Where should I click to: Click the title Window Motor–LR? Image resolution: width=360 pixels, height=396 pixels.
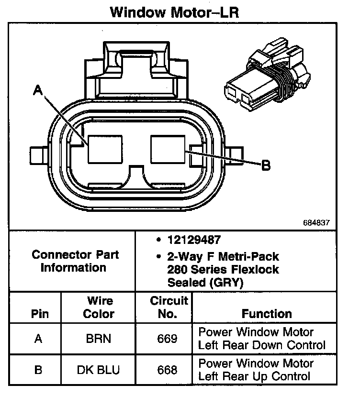(x=174, y=12)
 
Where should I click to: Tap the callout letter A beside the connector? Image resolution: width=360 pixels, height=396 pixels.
(x=38, y=90)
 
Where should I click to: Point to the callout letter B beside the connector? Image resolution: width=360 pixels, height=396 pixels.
(x=266, y=165)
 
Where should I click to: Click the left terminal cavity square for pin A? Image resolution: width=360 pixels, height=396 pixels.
(x=105, y=149)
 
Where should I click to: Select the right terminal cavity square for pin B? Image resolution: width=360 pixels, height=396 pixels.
(x=168, y=149)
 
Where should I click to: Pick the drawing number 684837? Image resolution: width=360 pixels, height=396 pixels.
(x=316, y=222)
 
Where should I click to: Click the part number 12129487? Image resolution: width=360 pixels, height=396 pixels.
(x=194, y=240)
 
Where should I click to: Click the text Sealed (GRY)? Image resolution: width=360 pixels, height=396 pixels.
(x=205, y=283)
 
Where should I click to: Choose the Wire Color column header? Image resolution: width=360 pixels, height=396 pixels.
(x=99, y=308)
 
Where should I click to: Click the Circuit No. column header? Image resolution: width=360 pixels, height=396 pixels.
(x=169, y=308)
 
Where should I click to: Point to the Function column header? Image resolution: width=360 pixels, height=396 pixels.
(x=267, y=314)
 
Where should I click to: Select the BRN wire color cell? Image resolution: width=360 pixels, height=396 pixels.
(x=98, y=339)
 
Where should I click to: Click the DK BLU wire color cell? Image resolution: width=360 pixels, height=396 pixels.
(x=98, y=370)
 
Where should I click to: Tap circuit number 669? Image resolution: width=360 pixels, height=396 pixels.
(x=167, y=339)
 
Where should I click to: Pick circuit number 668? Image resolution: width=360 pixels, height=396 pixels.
(x=167, y=370)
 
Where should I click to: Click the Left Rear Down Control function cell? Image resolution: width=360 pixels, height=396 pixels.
(x=262, y=339)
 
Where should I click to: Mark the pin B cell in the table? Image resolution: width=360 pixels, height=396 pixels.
(x=38, y=370)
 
